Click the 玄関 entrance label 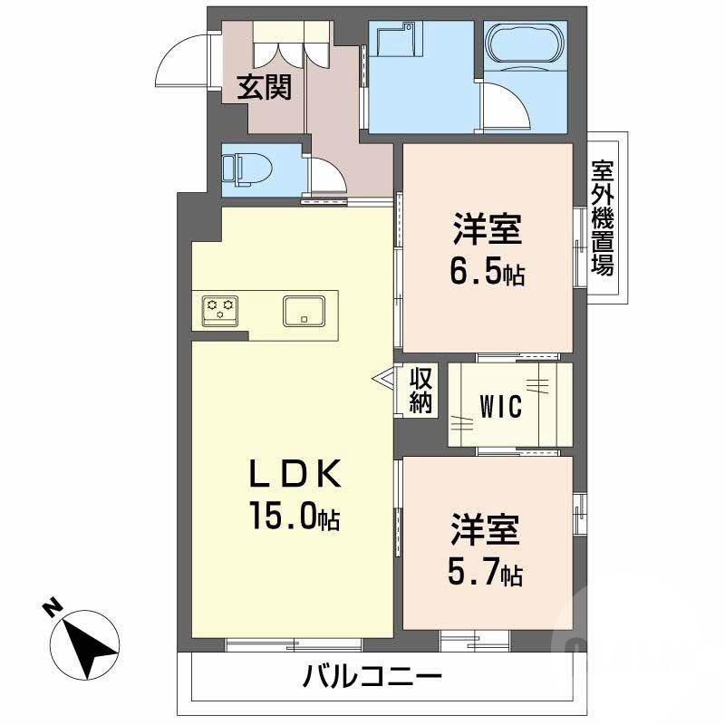point(265,87)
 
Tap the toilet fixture point(243,169)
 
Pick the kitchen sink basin point(303,310)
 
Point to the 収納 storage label point(420,390)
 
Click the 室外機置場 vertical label point(603,217)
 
